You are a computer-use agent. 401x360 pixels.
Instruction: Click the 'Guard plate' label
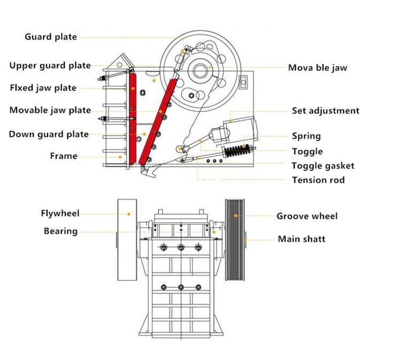click(x=51, y=37)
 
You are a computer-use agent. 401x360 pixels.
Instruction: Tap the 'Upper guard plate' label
click(x=50, y=66)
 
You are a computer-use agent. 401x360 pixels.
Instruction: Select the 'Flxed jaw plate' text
click(x=43, y=88)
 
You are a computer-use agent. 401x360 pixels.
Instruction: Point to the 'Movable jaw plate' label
click(x=50, y=111)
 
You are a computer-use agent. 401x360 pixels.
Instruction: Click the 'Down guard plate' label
click(x=49, y=134)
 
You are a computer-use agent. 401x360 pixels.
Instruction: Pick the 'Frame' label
click(x=64, y=156)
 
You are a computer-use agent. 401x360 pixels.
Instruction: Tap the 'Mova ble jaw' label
click(x=318, y=68)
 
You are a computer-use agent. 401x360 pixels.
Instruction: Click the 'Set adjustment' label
click(x=326, y=111)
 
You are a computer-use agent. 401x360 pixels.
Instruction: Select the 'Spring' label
click(x=306, y=136)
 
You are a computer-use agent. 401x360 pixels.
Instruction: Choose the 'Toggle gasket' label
click(x=323, y=166)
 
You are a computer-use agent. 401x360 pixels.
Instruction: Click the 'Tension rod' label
click(x=318, y=180)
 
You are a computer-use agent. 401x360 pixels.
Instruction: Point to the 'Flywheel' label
click(x=60, y=213)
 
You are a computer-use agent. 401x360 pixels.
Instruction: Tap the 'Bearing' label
click(x=60, y=231)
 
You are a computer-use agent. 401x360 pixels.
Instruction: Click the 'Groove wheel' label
click(x=307, y=216)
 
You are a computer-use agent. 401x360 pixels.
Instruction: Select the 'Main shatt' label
click(x=301, y=239)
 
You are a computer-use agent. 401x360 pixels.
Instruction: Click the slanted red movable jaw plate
click(x=158, y=120)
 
